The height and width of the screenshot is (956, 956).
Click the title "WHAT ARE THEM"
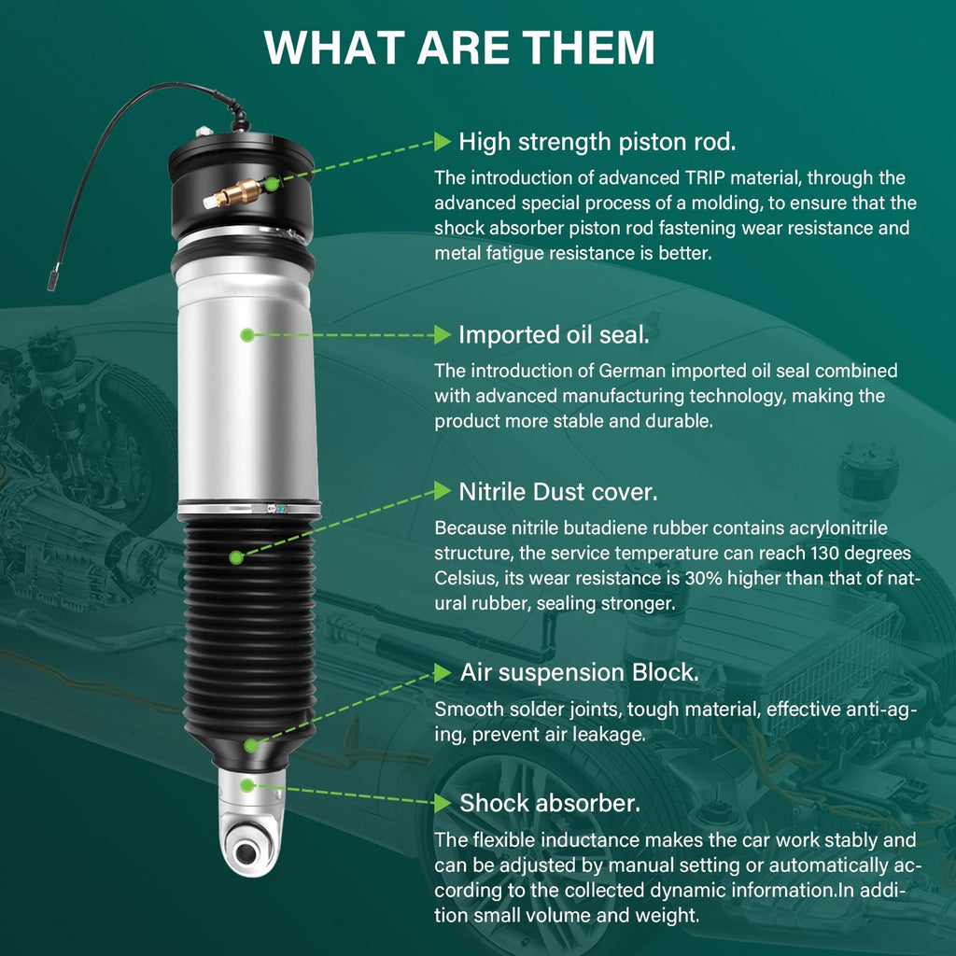[x=459, y=47]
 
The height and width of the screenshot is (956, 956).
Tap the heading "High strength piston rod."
[x=597, y=142]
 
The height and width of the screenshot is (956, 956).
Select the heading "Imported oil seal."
[x=554, y=335]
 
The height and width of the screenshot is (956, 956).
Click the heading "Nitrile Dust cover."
[x=558, y=492]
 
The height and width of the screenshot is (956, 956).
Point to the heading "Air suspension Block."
[x=579, y=672]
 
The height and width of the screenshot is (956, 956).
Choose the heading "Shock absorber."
[x=550, y=803]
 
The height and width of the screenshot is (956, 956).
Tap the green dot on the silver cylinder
[x=246, y=335]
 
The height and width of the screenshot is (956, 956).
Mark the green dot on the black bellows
[x=236, y=556]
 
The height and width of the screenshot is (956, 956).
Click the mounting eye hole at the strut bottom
[x=246, y=852]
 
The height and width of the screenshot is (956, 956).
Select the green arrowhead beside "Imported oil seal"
[x=442, y=335]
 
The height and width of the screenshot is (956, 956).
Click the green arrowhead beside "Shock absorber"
[x=442, y=802]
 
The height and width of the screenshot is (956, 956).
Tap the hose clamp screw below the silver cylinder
[x=274, y=508]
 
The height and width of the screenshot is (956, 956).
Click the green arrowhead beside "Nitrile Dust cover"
[x=442, y=491]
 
